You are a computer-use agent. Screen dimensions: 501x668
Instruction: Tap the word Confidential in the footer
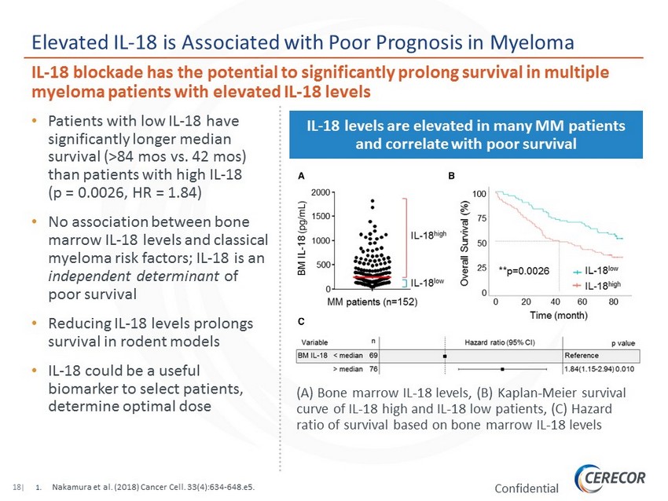tap(527, 488)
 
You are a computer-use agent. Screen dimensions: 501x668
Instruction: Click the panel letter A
tap(300, 177)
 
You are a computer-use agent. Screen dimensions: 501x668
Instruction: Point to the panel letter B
tap(451, 177)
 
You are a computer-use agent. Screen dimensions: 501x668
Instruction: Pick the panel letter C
tap(300, 322)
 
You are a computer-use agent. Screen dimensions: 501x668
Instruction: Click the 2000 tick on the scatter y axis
tap(321, 192)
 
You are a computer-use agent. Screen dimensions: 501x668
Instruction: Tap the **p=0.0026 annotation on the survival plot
tap(526, 270)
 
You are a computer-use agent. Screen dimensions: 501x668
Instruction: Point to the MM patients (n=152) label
tap(372, 302)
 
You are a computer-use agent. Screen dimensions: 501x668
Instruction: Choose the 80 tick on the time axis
tap(612, 302)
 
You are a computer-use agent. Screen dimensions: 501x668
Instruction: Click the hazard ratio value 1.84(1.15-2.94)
tap(588, 368)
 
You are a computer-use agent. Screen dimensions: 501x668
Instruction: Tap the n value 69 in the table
tap(373, 356)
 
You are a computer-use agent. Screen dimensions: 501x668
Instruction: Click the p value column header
tap(623, 344)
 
